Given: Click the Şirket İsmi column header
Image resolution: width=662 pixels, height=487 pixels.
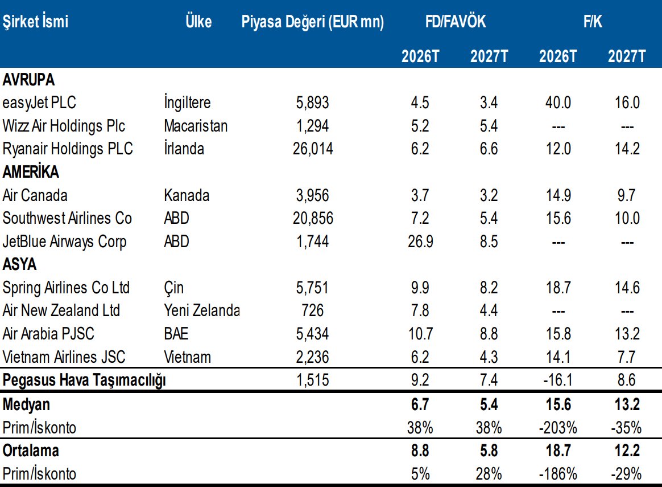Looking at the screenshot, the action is click(x=35, y=22).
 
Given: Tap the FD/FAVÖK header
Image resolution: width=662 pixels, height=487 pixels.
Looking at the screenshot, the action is click(x=456, y=21).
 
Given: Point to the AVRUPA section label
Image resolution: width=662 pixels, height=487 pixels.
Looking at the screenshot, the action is click(x=28, y=80).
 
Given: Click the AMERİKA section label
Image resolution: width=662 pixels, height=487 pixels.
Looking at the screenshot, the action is click(x=31, y=171).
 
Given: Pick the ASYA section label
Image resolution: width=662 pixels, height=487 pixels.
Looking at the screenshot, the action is click(x=19, y=264).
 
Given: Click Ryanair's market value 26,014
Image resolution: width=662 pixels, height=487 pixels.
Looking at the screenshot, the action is click(x=313, y=149).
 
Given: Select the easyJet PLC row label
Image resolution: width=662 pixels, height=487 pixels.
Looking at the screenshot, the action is click(x=39, y=103).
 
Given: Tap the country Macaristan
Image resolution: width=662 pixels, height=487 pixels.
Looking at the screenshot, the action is click(x=196, y=126).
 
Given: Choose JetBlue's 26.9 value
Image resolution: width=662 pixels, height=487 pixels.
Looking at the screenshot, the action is click(x=420, y=242).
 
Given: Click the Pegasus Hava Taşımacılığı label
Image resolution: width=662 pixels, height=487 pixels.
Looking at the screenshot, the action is click(x=84, y=380).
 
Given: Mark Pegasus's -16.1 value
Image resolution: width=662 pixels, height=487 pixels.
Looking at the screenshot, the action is click(x=558, y=379).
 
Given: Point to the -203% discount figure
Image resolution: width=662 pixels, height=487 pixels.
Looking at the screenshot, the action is click(x=558, y=427).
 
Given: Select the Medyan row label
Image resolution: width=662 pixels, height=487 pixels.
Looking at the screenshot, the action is click(x=26, y=404).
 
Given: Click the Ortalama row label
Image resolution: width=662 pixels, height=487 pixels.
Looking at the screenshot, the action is click(x=30, y=451).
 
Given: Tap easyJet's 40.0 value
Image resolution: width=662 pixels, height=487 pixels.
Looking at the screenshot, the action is click(x=558, y=103).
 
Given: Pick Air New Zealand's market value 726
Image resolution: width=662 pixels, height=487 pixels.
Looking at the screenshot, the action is click(x=312, y=311).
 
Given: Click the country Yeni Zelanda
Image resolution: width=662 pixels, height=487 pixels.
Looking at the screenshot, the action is click(x=202, y=311).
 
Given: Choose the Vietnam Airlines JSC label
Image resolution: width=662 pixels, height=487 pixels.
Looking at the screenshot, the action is click(x=64, y=357).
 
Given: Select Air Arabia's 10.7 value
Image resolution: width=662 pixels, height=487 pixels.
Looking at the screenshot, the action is click(x=420, y=334).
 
